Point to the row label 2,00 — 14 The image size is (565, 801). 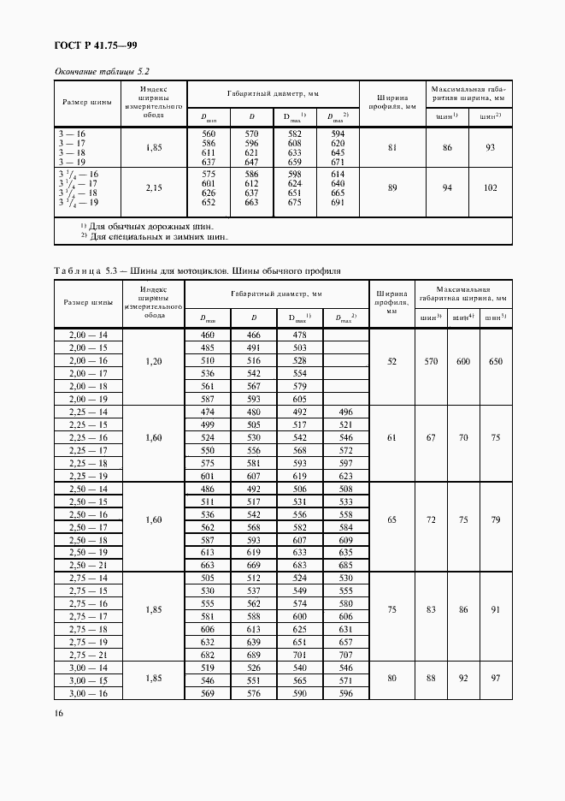click(89, 335)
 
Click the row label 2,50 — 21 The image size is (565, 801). click(89, 567)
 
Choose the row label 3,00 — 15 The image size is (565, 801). click(89, 681)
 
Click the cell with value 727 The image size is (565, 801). click(345, 655)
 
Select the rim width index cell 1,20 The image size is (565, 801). click(155, 362)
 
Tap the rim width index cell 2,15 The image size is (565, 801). click(155, 187)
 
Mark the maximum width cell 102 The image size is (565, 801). click(490, 187)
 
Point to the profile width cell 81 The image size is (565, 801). click(392, 148)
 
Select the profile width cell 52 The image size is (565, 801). click(392, 362)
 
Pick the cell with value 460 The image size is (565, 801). click(208, 335)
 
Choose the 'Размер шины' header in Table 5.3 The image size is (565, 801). click(89, 303)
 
